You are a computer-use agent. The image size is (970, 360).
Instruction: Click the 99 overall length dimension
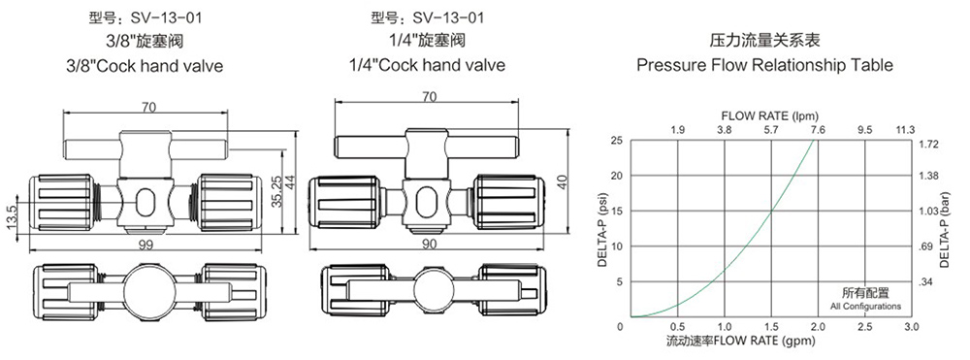tap(146, 245)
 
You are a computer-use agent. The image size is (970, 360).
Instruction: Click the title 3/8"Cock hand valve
tap(144, 66)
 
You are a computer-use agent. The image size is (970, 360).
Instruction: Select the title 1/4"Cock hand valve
tap(427, 65)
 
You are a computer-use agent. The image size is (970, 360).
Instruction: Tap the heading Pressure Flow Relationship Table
tap(765, 66)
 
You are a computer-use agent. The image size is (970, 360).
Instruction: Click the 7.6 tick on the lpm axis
tap(817, 130)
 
